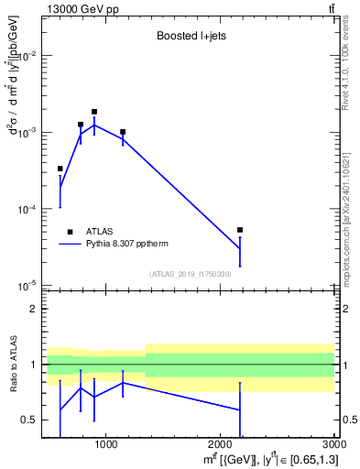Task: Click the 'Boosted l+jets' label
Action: coord(190,38)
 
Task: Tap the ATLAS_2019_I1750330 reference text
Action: coord(190,274)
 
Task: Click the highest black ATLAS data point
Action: coord(94,112)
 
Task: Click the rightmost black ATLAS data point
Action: coord(240,230)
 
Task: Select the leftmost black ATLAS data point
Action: coord(60,169)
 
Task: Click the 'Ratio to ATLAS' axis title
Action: coord(12,365)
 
